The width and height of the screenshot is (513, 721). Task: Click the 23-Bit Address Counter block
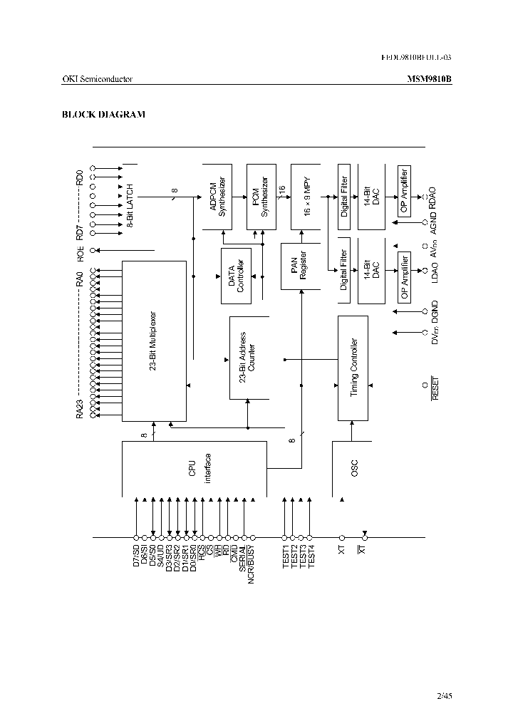click(247, 358)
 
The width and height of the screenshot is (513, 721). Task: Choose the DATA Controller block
click(237, 275)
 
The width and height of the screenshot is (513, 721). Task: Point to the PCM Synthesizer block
click(261, 196)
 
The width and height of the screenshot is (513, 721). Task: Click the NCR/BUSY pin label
click(252, 565)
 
